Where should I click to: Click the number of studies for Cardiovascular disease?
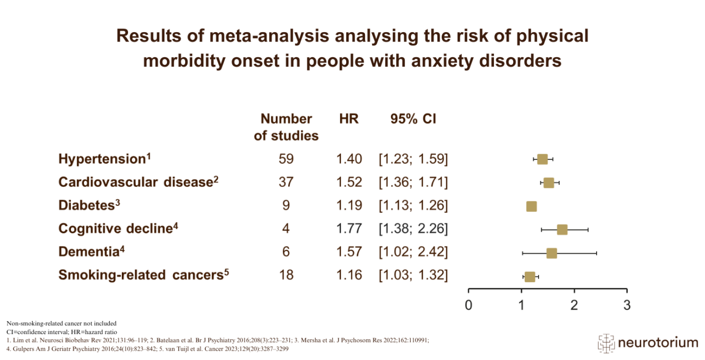click(286, 183)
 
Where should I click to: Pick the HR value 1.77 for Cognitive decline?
click(349, 229)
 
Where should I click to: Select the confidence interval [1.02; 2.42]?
click(413, 252)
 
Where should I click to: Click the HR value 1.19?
click(349, 205)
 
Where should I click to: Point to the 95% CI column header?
click(413, 119)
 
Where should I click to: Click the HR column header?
click(349, 119)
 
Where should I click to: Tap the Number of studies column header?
click(286, 127)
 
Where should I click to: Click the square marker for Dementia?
click(552, 253)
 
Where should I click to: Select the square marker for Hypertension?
click(542, 159)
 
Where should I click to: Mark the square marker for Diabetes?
click(531, 206)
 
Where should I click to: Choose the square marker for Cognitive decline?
click(562, 229)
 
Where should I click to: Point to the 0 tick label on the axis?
click(469, 305)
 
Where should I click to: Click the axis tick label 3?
click(627, 305)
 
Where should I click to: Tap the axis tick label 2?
click(574, 305)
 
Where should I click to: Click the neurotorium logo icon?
click(606, 343)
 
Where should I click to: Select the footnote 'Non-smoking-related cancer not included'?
click(61, 324)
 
